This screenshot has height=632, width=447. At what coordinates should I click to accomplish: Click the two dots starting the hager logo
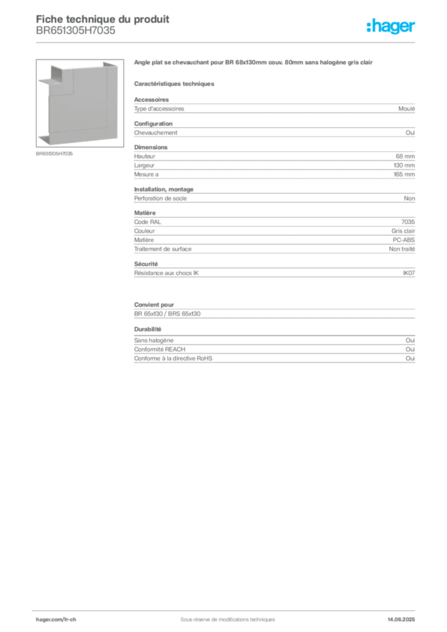click(x=368, y=23)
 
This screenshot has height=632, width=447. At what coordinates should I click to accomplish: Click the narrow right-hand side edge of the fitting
click(x=112, y=102)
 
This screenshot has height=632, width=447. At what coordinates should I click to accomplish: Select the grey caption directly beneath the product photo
click(x=54, y=153)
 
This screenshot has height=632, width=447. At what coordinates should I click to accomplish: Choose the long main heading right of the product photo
click(x=253, y=64)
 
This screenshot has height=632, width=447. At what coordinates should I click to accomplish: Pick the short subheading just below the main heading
click(x=175, y=82)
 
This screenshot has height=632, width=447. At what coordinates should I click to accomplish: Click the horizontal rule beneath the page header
click(x=227, y=42)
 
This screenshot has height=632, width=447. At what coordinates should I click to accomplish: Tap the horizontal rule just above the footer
click(x=227, y=609)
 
